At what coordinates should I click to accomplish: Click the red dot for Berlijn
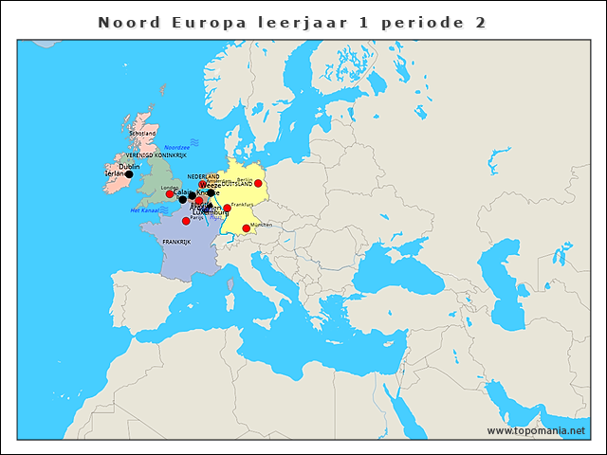click(258, 183)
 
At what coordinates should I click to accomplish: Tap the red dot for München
click(246, 228)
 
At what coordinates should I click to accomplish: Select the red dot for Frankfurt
click(227, 209)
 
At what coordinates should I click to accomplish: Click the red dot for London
click(170, 194)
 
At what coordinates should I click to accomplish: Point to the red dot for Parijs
click(186, 221)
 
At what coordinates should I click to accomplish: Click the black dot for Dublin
click(129, 174)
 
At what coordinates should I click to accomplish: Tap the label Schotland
click(142, 134)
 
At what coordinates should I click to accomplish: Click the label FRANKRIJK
click(176, 243)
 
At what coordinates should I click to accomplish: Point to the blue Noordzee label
click(177, 148)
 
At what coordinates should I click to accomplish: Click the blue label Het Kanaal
click(143, 209)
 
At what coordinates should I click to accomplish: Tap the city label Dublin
click(130, 167)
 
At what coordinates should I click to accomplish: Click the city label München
click(262, 225)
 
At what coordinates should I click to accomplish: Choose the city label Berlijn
click(245, 178)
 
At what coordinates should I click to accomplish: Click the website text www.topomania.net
click(536, 430)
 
